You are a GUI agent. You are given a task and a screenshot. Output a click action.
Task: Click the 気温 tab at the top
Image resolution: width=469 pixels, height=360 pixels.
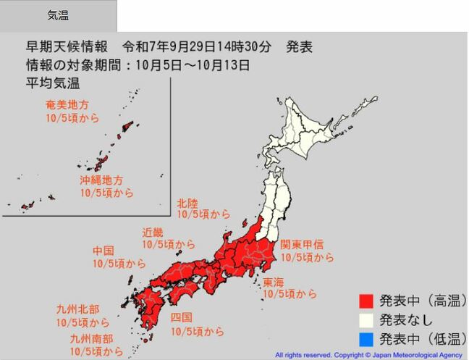57,15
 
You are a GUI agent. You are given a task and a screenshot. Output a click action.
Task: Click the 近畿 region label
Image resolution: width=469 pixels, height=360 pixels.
152,233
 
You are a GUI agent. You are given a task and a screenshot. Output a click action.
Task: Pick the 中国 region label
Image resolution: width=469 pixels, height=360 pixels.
103,251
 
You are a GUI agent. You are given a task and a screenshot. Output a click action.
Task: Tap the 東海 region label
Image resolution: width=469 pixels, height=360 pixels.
273,281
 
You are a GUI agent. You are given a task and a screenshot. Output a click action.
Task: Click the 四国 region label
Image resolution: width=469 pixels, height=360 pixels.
182,318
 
